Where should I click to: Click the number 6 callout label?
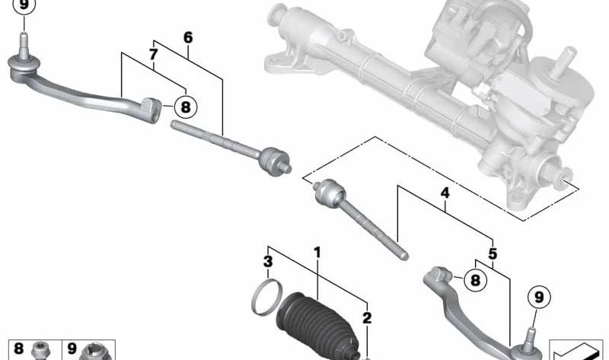(x=188, y=37)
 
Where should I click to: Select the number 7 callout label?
(x=154, y=55)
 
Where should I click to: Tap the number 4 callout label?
(x=445, y=193)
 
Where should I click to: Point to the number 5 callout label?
(x=493, y=254)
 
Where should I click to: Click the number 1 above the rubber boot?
(x=317, y=253)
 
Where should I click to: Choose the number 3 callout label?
(x=268, y=262)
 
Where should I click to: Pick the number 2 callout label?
(x=367, y=318)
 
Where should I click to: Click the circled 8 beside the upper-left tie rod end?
(x=186, y=107)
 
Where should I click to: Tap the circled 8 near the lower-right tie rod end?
(x=475, y=280)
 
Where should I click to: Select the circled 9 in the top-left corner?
(x=24, y=5)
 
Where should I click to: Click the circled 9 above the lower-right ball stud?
(x=539, y=298)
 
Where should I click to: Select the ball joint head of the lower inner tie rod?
(x=330, y=193)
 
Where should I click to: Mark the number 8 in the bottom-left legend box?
(x=18, y=349)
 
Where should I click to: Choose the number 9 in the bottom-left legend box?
(x=72, y=349)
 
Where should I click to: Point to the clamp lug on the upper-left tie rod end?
(x=151, y=110)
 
